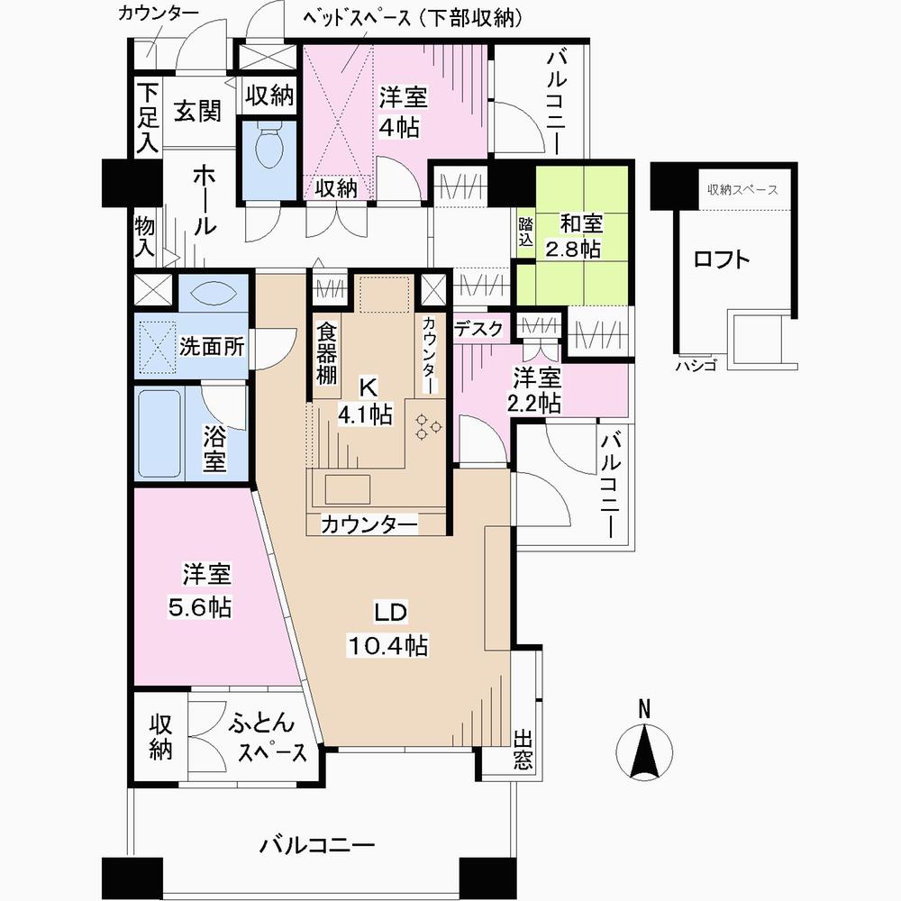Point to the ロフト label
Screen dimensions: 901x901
click(721, 259)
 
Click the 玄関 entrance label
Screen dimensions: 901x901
click(197, 112)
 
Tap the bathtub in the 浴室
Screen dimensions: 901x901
click(164, 436)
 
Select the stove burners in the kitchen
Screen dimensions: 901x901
click(425, 425)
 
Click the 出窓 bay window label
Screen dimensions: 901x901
click(523, 750)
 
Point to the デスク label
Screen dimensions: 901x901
click(478, 330)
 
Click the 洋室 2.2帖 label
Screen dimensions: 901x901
click(537, 389)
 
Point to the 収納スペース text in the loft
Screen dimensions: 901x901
click(742, 190)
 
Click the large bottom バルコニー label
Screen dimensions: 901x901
click(316, 845)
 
